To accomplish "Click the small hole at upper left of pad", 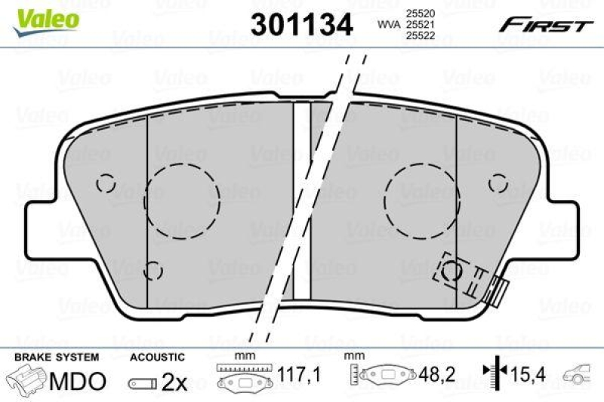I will pyautogui.click(x=106, y=183).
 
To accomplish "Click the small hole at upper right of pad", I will pyautogui.click(x=498, y=183).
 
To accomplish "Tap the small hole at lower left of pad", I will pyautogui.click(x=153, y=269).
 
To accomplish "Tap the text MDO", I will pyautogui.click(x=78, y=381).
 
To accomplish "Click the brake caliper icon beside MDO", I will pyautogui.click(x=26, y=379).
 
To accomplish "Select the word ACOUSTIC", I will pyautogui.click(x=157, y=356).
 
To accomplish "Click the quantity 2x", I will pyautogui.click(x=175, y=382).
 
